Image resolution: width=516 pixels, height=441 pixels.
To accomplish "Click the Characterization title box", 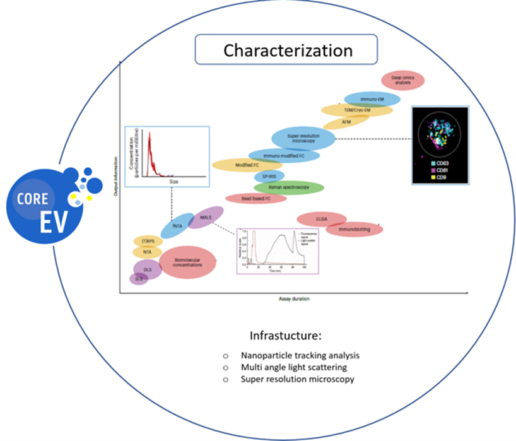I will (x=285, y=50).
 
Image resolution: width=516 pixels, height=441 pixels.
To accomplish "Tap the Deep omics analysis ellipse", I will (x=403, y=79).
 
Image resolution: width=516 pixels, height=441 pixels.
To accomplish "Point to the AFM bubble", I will (x=346, y=121).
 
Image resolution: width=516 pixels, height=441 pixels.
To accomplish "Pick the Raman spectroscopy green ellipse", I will (x=289, y=187).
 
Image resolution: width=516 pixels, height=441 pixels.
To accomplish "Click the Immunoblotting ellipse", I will (x=356, y=229).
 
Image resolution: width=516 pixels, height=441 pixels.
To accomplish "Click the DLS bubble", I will (x=148, y=269).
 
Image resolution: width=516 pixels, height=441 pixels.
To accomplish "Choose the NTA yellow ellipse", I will (x=148, y=252).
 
